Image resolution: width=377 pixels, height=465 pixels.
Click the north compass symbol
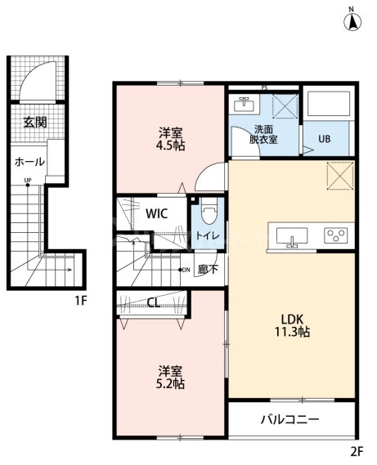tap(352, 20)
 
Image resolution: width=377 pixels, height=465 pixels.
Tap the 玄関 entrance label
tap(35, 123)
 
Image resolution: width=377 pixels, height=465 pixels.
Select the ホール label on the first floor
tap(30, 162)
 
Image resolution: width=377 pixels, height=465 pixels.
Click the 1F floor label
tap(80, 301)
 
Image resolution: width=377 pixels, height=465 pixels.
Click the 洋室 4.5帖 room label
tap(170, 139)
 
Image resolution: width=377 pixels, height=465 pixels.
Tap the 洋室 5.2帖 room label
tap(170, 378)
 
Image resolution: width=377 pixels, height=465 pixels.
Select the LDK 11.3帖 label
tap(292, 325)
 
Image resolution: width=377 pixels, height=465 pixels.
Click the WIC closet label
tap(157, 213)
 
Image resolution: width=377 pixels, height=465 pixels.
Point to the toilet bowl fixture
tap(209, 211)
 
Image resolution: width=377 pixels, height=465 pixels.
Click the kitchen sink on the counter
tap(292, 236)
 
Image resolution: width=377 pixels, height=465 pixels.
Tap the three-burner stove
tap(336, 235)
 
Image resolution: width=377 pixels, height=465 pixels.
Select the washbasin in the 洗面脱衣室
tap(244, 104)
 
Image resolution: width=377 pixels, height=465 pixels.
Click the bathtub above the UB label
tap(329, 104)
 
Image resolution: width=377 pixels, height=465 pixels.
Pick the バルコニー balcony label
tap(290, 419)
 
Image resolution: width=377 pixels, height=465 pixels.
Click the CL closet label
tap(154, 303)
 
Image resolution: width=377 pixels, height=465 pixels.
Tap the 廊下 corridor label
tap(208, 269)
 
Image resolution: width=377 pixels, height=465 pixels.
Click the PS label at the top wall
tap(264, 87)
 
